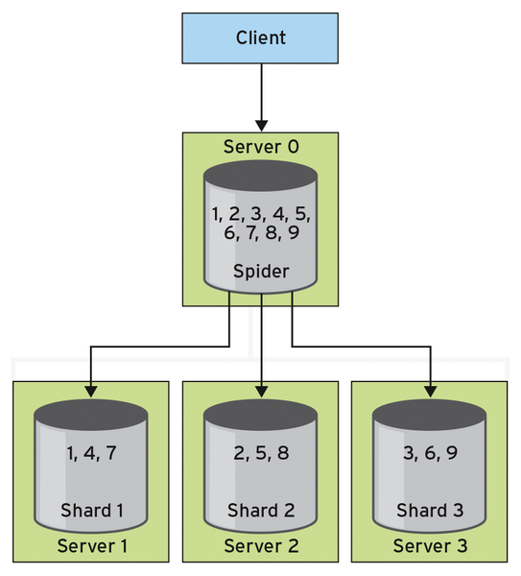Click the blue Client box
260,38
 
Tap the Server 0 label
261,147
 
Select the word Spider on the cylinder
261,272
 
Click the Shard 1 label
92,511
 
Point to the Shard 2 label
261,511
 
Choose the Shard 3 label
430,511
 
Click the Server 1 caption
92,546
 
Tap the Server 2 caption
261,546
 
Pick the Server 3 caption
430,546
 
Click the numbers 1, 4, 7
91,453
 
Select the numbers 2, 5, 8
261,453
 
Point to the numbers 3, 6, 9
430,453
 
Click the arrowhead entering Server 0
261,126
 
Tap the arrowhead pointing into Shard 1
91,392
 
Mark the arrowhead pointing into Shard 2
261,392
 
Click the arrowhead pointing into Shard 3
431,392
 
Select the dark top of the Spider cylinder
261,176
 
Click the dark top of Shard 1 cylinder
91,415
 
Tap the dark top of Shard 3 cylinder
430,415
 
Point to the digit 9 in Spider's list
294,232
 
